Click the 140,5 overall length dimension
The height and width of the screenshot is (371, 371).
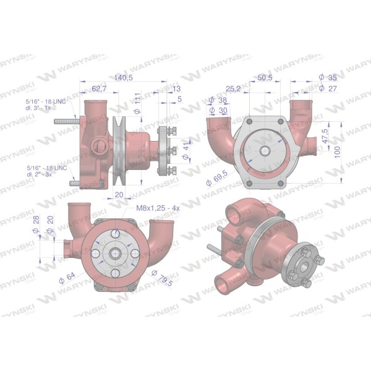tap(123, 77)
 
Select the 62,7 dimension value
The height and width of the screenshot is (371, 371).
tap(99, 88)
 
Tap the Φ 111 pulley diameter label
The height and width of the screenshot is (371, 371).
tap(137, 103)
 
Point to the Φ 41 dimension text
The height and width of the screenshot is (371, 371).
tap(186, 151)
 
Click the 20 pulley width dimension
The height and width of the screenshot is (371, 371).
tap(119, 195)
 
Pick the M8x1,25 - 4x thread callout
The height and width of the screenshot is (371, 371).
tap(158, 208)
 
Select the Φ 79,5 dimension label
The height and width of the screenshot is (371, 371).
tap(162, 278)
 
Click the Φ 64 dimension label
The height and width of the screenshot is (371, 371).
tap(67, 278)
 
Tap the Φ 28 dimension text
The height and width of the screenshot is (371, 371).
tap(36, 224)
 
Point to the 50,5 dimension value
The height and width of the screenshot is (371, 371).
tap(265, 77)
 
